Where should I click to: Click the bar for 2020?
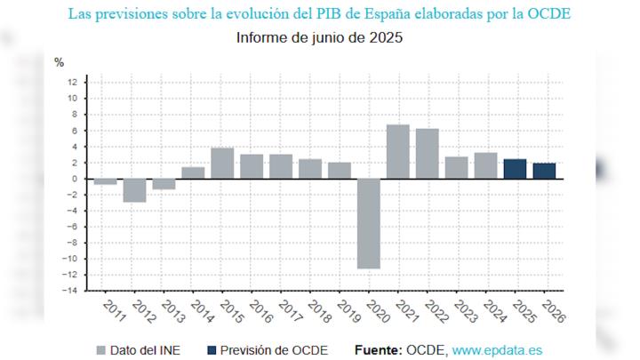click(x=368, y=223)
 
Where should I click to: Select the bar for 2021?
click(x=397, y=152)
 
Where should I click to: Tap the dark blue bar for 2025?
click(x=515, y=169)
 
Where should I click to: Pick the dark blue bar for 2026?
click(x=544, y=171)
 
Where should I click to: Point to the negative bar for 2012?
click(x=134, y=190)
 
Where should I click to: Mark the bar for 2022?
click(x=427, y=154)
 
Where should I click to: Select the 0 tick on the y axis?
click(x=76, y=179)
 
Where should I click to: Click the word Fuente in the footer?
click(x=377, y=349)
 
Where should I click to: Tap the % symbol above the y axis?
click(x=60, y=62)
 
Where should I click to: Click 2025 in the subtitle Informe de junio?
click(x=385, y=38)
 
